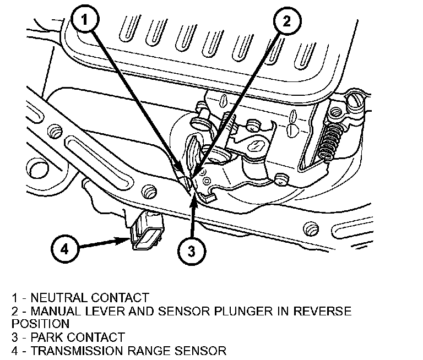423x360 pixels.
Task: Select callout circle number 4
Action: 64,249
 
